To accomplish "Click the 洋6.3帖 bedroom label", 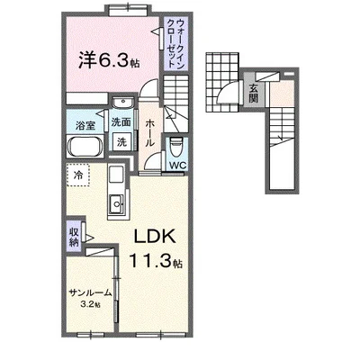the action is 109,59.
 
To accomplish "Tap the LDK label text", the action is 155,237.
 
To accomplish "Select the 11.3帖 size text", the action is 156,260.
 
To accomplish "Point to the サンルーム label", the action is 90,292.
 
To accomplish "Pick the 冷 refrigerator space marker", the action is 77,175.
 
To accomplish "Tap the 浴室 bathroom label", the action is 85,125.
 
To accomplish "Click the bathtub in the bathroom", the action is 85,147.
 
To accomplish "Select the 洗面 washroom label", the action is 121,122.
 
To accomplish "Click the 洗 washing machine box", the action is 121,142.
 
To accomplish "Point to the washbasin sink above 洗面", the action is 122,103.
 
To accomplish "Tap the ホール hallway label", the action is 150,132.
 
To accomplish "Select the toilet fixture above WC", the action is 176,147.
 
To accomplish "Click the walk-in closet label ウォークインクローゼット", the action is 175,43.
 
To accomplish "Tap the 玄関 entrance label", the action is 254,93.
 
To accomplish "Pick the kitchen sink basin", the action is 117,203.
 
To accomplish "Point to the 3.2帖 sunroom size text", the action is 90,304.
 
